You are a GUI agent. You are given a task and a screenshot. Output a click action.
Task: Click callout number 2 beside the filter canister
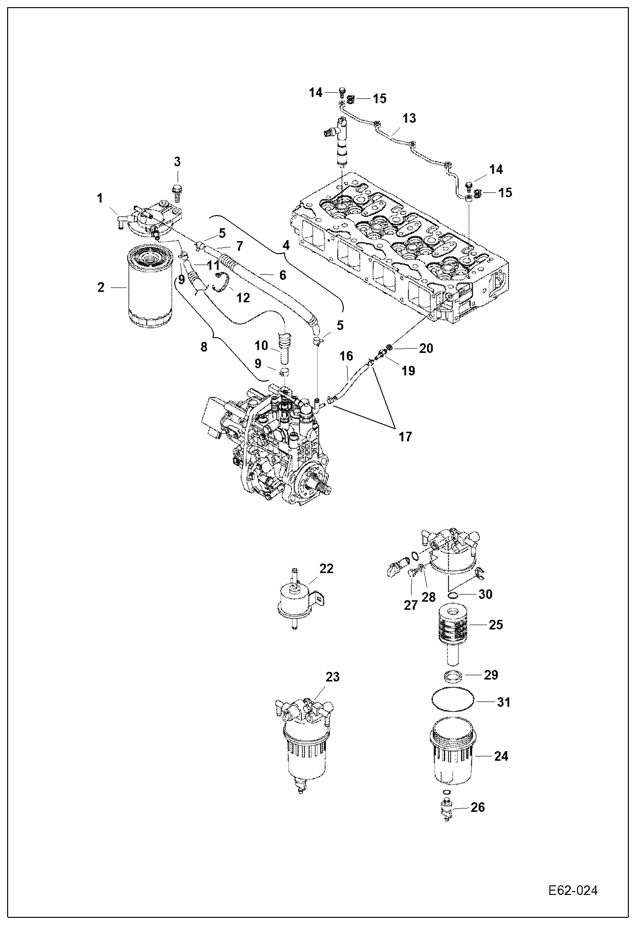click(100, 287)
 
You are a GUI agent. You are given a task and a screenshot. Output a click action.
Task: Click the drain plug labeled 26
click(447, 808)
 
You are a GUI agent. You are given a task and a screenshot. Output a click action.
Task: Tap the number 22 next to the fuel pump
click(327, 568)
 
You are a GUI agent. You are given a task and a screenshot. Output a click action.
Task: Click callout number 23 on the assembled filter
click(332, 677)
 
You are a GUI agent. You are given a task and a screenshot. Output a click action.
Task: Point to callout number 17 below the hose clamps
click(405, 436)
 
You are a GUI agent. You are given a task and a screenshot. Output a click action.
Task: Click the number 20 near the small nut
click(426, 348)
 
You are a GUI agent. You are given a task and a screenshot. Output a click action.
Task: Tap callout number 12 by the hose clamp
click(243, 298)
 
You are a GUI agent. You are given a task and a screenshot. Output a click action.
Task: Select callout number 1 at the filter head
click(100, 198)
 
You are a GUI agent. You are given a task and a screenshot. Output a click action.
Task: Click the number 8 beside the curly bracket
click(204, 347)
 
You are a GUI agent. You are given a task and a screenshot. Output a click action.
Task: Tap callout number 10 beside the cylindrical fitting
click(262, 345)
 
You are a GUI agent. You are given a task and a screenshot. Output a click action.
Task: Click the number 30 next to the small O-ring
click(485, 594)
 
